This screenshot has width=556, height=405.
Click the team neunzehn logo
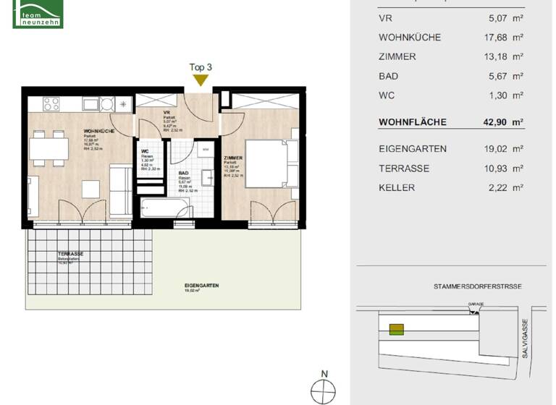click(x=38, y=14)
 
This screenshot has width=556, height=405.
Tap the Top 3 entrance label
click(x=200, y=67)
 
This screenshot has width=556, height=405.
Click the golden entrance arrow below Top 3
click(x=200, y=80)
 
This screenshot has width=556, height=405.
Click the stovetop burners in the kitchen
click(x=51, y=103)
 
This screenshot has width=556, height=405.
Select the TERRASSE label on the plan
click(x=71, y=254)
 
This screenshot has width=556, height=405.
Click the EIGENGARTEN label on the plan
click(x=202, y=286)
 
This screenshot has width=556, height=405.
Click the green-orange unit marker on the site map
click(x=396, y=330)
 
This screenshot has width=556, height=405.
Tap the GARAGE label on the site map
click(x=475, y=304)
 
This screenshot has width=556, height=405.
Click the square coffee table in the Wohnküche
click(x=91, y=188)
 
